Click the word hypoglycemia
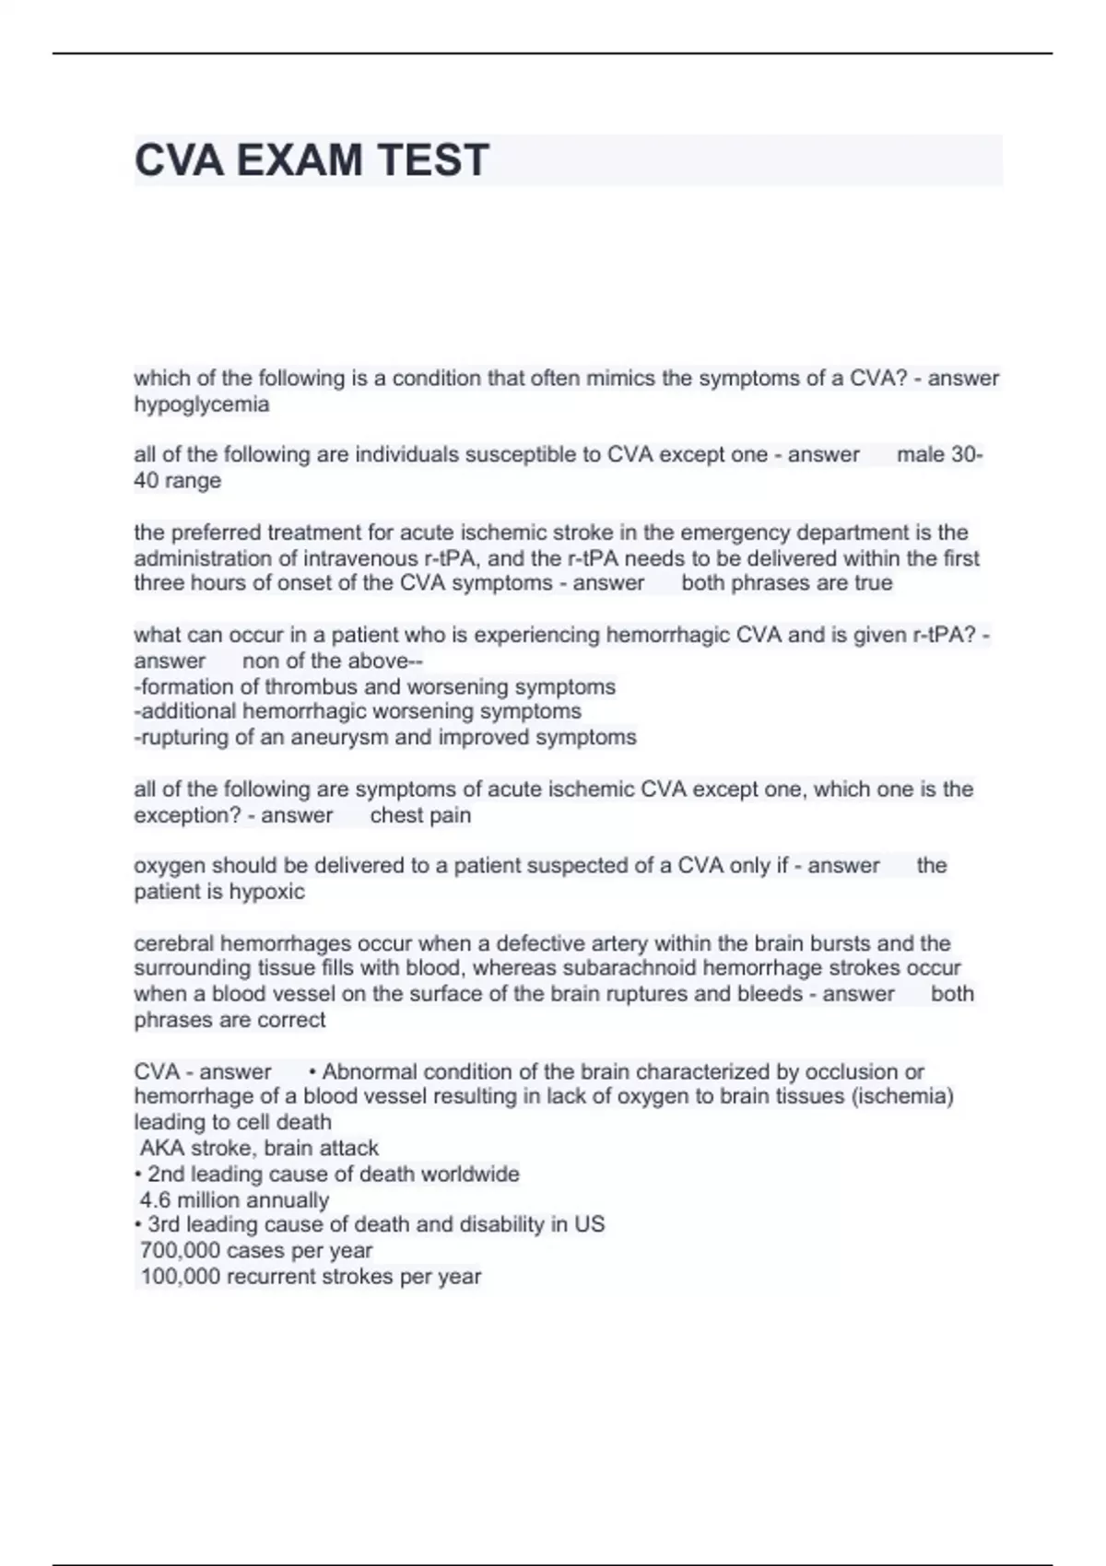point(202,404)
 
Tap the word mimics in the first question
point(623,379)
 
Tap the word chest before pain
point(394,815)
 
